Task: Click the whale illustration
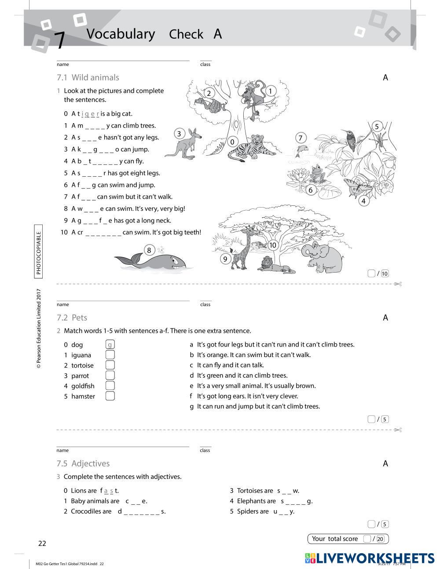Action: pos(154,261)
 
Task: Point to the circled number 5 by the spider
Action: pos(376,127)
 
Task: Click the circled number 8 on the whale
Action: pos(149,250)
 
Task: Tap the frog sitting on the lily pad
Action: pos(317,174)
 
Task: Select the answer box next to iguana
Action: pos(110,354)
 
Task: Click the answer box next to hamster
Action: pos(110,396)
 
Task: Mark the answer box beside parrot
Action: pos(110,375)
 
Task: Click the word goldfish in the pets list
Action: pos(83,386)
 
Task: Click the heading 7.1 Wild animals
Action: pos(88,77)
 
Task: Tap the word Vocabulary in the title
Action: pos(121,34)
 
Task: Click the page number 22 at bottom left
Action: pos(42,543)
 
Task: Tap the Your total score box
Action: pos(348,539)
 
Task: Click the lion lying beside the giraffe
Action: pos(273,265)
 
